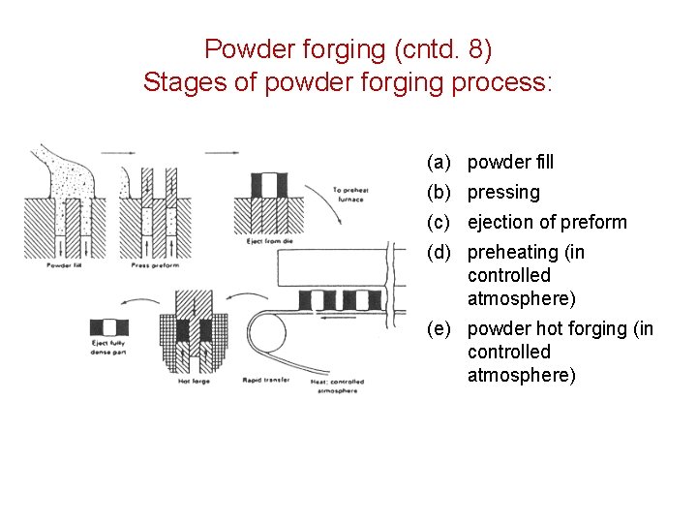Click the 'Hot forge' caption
[x=194, y=382]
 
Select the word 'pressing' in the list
[x=503, y=193]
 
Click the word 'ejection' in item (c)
[x=500, y=223]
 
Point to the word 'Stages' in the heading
[x=176, y=82]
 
